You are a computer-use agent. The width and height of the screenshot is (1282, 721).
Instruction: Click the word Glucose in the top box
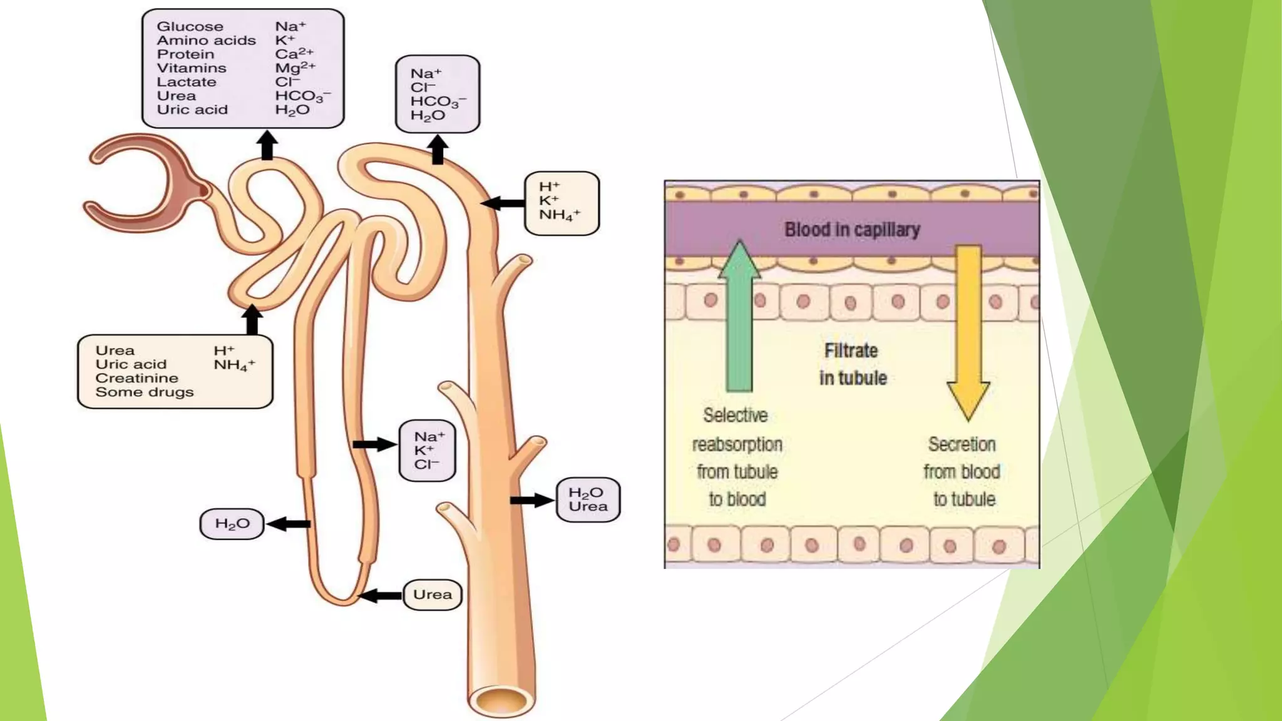[190, 26]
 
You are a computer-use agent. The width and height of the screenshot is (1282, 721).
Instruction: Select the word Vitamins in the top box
[192, 68]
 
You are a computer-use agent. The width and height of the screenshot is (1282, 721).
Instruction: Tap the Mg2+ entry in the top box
[295, 68]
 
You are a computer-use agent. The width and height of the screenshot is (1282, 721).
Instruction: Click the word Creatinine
[136, 378]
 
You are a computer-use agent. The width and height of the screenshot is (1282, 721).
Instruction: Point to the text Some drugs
[145, 392]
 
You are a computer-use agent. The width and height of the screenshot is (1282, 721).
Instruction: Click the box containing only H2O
[232, 524]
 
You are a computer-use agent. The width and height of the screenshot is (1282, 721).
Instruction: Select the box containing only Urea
[433, 595]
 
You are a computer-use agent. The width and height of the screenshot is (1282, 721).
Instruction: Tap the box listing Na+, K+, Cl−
[428, 451]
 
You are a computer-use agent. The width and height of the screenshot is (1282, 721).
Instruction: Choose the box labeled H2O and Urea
[588, 499]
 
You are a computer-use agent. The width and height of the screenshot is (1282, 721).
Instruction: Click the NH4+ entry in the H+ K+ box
[560, 215]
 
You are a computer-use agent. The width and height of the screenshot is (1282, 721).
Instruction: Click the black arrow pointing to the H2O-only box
[289, 524]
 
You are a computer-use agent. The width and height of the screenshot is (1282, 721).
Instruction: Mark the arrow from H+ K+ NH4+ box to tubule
[503, 203]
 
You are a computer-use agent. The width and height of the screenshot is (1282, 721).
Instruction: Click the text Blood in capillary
[852, 230]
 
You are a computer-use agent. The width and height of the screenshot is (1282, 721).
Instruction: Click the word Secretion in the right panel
[961, 444]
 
